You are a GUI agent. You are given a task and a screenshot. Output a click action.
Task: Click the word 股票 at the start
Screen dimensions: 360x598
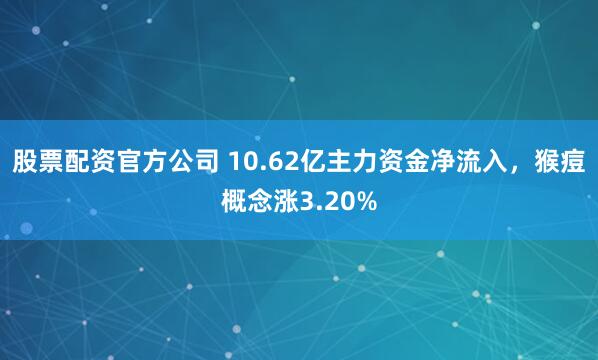point(37,163)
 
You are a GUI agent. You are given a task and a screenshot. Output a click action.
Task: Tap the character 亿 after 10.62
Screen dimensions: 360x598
point(296,163)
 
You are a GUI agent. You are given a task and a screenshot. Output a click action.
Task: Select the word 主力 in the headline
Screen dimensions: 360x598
point(333,163)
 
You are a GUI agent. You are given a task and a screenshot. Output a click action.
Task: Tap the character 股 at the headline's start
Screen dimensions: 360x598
point(25,163)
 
